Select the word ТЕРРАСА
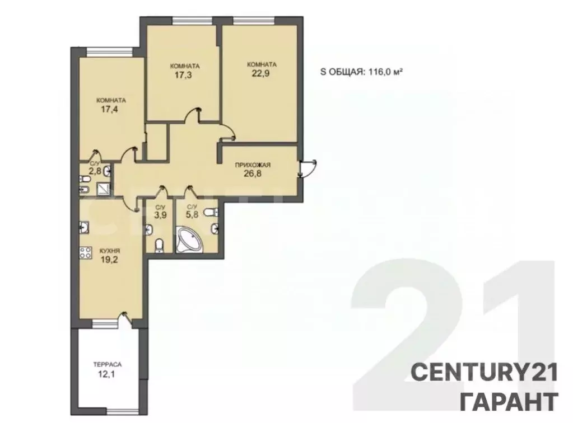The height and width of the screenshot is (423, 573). coord(108,364)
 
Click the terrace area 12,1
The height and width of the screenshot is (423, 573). coord(108,373)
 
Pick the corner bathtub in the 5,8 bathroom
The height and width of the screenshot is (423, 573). coord(189,241)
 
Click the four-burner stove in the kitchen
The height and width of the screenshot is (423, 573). coord(86,253)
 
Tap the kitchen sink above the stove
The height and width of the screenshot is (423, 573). coord(84,227)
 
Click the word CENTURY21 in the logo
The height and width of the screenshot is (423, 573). coord(485,372)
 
